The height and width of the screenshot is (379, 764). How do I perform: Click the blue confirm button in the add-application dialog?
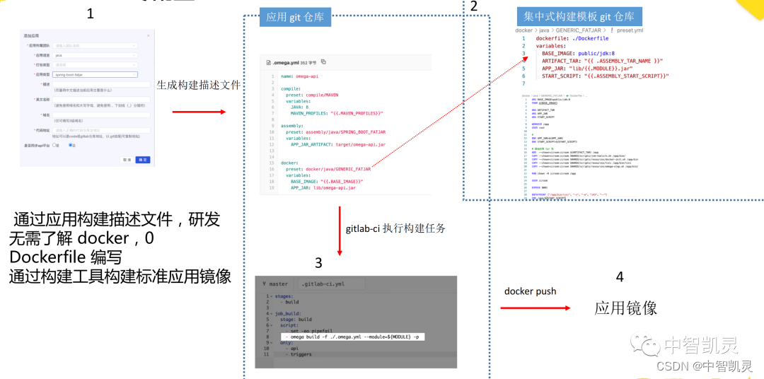pos(143,160)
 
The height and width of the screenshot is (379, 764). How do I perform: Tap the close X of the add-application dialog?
pos(148,35)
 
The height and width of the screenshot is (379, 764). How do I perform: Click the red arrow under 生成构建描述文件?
pos(199,112)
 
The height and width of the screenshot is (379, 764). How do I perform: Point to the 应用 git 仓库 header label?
pos(295,17)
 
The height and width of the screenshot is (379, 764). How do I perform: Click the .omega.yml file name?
pos(287,62)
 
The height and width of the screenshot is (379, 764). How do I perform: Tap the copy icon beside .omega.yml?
pos(323,62)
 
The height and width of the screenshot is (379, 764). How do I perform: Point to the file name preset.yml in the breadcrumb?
pos(629,31)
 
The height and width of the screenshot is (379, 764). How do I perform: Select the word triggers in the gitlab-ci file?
pos(301,354)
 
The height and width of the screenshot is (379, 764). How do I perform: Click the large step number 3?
pos(318,263)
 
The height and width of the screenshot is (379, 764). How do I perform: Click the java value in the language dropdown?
pos(59,54)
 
